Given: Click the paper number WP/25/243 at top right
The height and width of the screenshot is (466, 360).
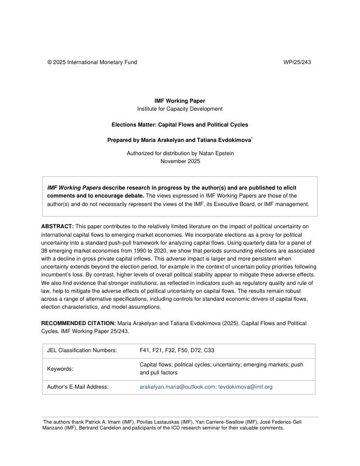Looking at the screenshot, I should (297, 62).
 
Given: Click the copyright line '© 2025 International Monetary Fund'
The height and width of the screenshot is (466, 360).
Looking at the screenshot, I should (92, 62).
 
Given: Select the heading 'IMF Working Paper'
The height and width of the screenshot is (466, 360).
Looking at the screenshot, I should (179, 101).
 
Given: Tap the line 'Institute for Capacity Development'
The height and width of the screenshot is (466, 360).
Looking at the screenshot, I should (179, 109).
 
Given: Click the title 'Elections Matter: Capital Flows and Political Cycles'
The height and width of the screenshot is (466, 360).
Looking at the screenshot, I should (179, 125).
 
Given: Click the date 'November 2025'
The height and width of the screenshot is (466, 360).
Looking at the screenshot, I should (179, 161).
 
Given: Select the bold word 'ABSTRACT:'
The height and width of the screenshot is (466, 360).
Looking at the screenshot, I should (57, 226).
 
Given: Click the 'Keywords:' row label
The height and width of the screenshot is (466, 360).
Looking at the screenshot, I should (60, 369).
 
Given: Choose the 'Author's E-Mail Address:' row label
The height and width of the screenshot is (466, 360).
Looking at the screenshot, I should (78, 387).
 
